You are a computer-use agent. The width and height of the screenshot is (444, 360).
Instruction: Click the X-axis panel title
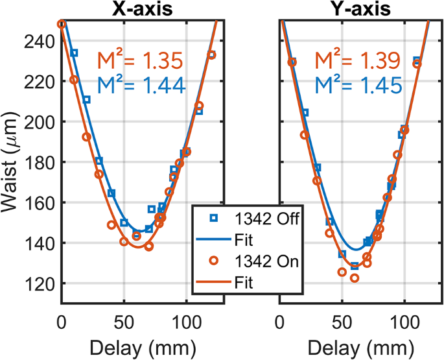(143, 9)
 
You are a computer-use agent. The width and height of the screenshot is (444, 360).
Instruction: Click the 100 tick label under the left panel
(187, 321)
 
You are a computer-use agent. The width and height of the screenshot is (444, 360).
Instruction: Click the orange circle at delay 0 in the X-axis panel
(62, 24)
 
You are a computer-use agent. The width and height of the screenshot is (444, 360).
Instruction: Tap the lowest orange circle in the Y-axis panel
(355, 278)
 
